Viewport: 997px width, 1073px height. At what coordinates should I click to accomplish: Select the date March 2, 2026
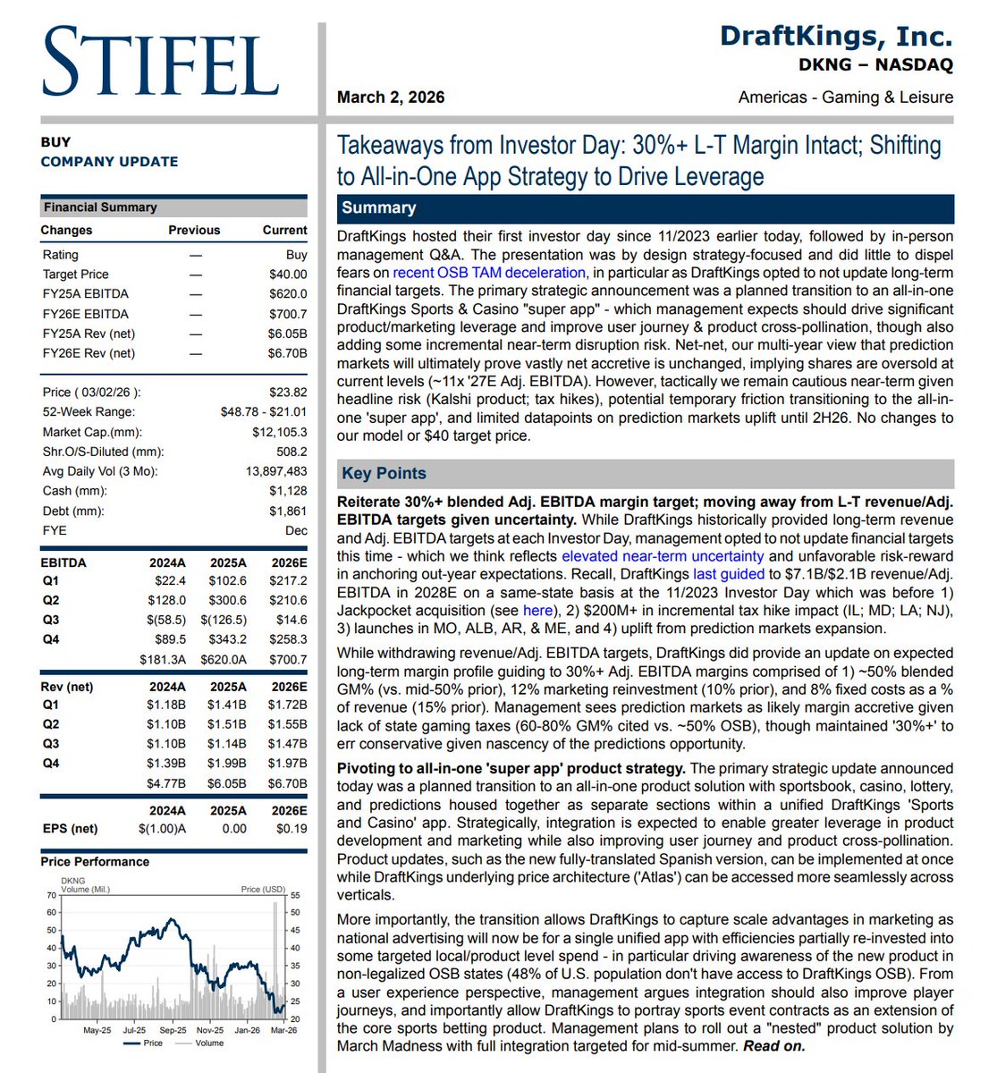click(391, 97)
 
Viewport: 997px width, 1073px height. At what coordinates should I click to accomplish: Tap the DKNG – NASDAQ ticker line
click(875, 65)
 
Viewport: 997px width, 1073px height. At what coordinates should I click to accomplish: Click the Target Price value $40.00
click(288, 275)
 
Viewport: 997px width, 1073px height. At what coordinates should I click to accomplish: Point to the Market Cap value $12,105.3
click(279, 432)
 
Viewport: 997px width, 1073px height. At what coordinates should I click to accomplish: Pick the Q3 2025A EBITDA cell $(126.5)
click(224, 620)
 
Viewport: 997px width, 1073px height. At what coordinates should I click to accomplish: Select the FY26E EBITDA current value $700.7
click(288, 314)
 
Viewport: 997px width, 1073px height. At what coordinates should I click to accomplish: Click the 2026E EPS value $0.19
click(291, 829)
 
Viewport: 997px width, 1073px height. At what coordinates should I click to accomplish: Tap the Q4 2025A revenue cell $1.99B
click(228, 763)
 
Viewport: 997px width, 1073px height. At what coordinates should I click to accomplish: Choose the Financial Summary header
click(100, 207)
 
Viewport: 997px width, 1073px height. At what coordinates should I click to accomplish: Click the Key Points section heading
click(384, 474)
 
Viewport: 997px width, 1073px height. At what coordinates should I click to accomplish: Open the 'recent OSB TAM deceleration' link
click(489, 273)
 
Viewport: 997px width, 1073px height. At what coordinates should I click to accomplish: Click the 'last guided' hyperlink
click(729, 574)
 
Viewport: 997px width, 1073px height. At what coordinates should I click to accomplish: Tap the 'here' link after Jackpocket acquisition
click(537, 610)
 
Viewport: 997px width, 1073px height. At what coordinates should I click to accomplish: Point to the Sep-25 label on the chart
click(173, 1030)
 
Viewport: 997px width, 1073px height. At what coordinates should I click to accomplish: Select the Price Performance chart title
click(95, 862)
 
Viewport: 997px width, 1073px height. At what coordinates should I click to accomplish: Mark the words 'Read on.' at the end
click(774, 1046)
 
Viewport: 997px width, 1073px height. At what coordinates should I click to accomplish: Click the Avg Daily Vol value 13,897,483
click(276, 471)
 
